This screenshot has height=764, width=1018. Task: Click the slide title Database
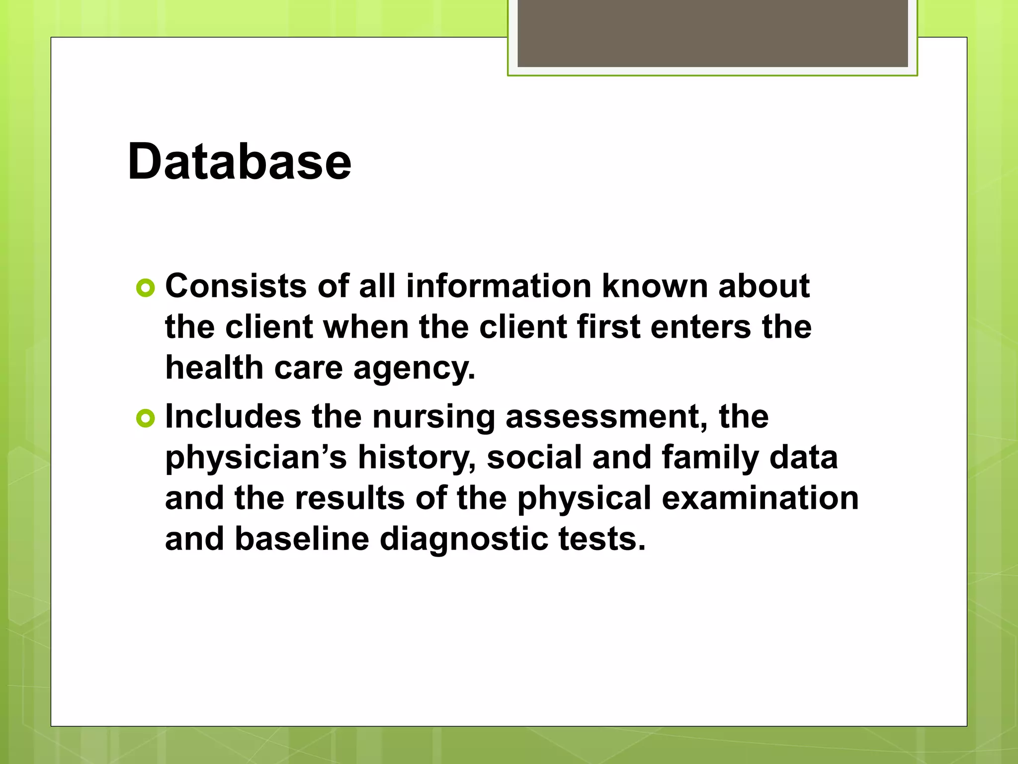click(x=239, y=162)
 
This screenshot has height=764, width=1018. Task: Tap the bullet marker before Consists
click(x=146, y=287)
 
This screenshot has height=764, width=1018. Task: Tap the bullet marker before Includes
click(x=146, y=418)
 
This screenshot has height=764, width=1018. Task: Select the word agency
click(x=414, y=369)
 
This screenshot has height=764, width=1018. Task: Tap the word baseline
click(x=302, y=539)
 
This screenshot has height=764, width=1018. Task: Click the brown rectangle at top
click(x=712, y=33)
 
